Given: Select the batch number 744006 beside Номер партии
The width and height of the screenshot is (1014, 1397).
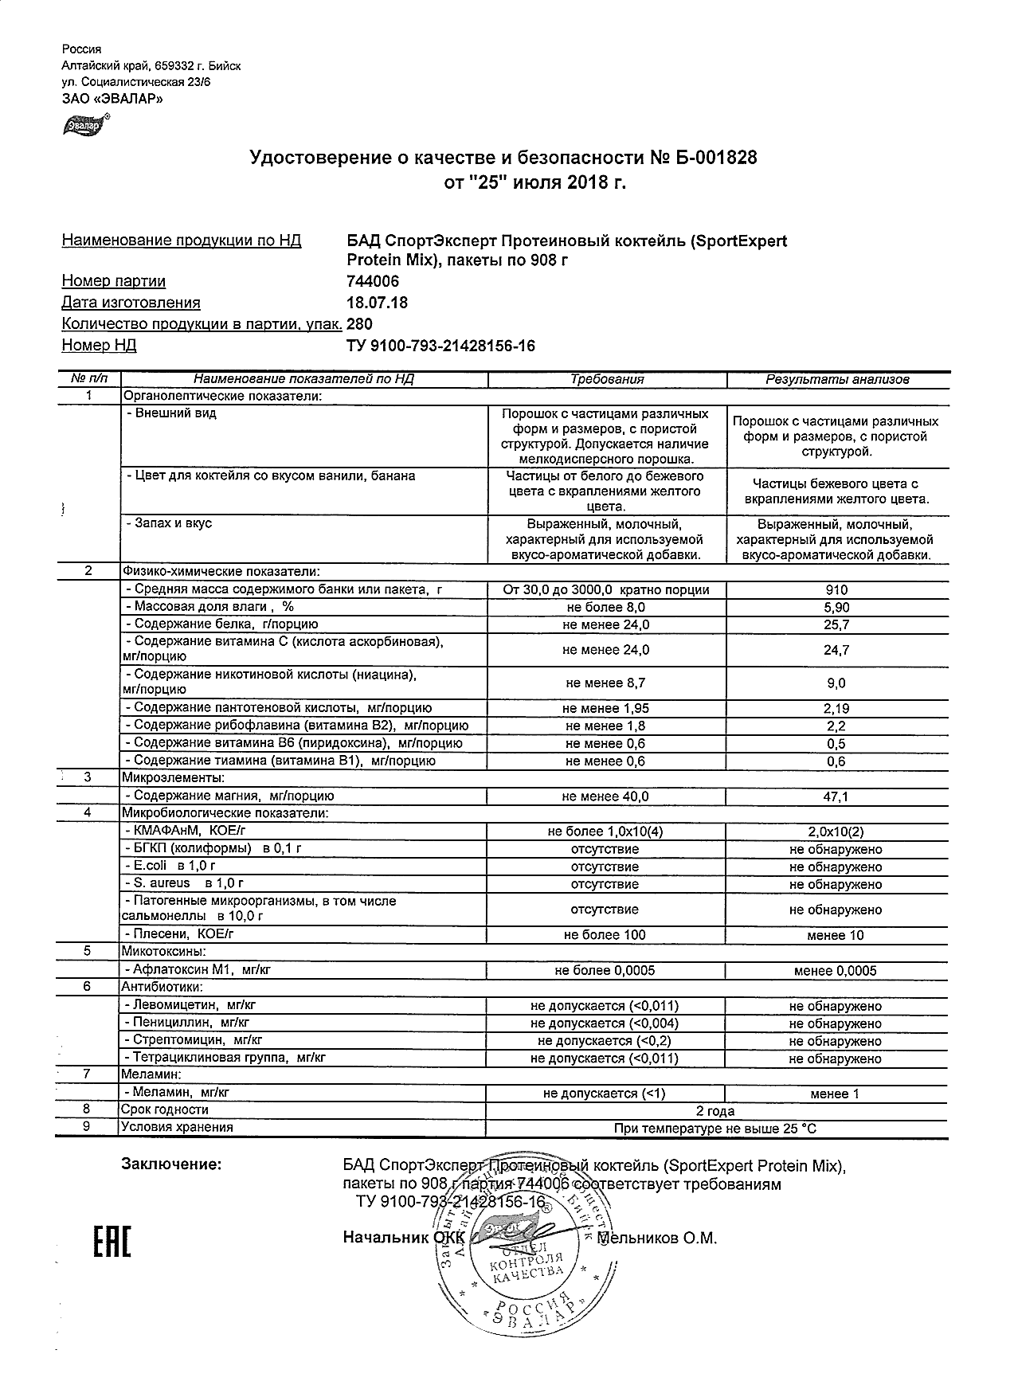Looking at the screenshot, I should [374, 281].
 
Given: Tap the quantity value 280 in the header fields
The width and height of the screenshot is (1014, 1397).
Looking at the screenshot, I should [360, 324].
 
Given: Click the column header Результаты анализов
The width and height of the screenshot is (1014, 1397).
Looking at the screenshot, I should [837, 380].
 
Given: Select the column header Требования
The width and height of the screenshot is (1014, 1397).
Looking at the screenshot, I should [607, 380].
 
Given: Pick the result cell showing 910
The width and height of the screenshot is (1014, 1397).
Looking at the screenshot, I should [836, 590].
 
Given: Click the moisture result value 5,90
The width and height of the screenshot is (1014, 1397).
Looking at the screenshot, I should [836, 608].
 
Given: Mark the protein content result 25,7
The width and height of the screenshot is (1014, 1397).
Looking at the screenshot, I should [836, 625].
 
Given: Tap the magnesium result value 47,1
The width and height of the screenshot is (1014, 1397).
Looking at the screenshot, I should [836, 796].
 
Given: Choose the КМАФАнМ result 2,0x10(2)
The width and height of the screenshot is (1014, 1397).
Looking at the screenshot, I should [836, 832].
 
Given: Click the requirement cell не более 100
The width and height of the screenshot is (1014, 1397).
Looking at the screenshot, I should [605, 935].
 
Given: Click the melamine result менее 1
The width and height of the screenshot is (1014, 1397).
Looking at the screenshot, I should [835, 1094].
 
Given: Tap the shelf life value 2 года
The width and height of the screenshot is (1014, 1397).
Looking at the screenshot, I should [715, 1111].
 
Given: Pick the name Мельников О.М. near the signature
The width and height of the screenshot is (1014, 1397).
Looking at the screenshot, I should [657, 1239].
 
